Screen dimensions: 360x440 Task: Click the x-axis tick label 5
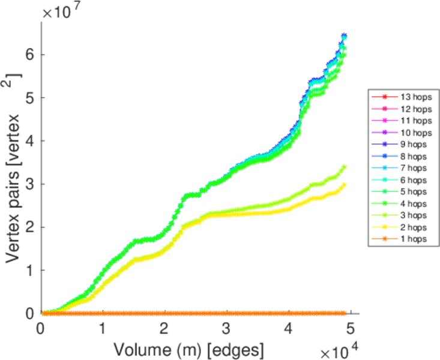350,328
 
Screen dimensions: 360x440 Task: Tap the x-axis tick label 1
103,328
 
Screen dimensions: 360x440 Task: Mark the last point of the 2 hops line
344,185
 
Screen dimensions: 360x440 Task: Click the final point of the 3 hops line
344,167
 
